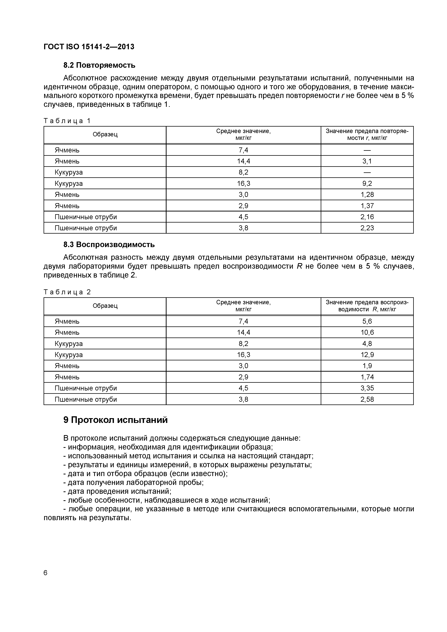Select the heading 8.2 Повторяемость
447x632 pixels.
pyautogui.click(x=99, y=65)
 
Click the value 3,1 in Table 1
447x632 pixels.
pyautogui.click(x=367, y=161)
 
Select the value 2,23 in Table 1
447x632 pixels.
pyautogui.click(x=367, y=228)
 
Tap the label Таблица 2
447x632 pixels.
pyautogui.click(x=67, y=292)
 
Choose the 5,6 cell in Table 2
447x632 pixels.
pyautogui.click(x=367, y=321)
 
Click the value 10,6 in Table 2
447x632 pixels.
pyautogui.click(x=367, y=333)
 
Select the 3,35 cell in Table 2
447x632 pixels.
pyautogui.click(x=367, y=388)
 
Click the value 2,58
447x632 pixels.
pyautogui.click(x=367, y=399)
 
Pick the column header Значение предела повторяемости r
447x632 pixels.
pyautogui.click(x=367, y=135)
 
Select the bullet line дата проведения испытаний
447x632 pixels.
pyautogui.click(x=117, y=491)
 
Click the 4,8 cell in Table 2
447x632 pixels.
pyautogui.click(x=367, y=344)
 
